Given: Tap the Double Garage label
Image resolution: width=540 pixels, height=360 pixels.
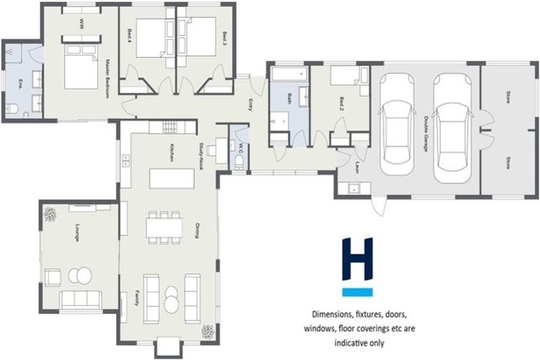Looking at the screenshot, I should click(427, 131).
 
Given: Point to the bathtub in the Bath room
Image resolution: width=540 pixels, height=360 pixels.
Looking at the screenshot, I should click(288, 75).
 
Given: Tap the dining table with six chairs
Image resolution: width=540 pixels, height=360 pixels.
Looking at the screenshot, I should click(164, 227).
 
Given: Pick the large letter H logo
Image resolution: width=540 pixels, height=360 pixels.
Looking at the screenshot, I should click(356, 259).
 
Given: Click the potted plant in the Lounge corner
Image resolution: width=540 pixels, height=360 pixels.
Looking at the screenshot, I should click(51, 214).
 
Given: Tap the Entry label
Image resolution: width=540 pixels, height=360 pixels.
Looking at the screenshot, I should click(250, 105).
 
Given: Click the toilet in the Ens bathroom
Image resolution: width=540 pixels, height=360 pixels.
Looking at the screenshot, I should click(12, 108).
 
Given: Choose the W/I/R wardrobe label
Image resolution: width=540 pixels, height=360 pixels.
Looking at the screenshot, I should click(82, 24).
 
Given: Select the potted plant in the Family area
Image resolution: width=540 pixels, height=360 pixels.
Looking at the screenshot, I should click(207, 331).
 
